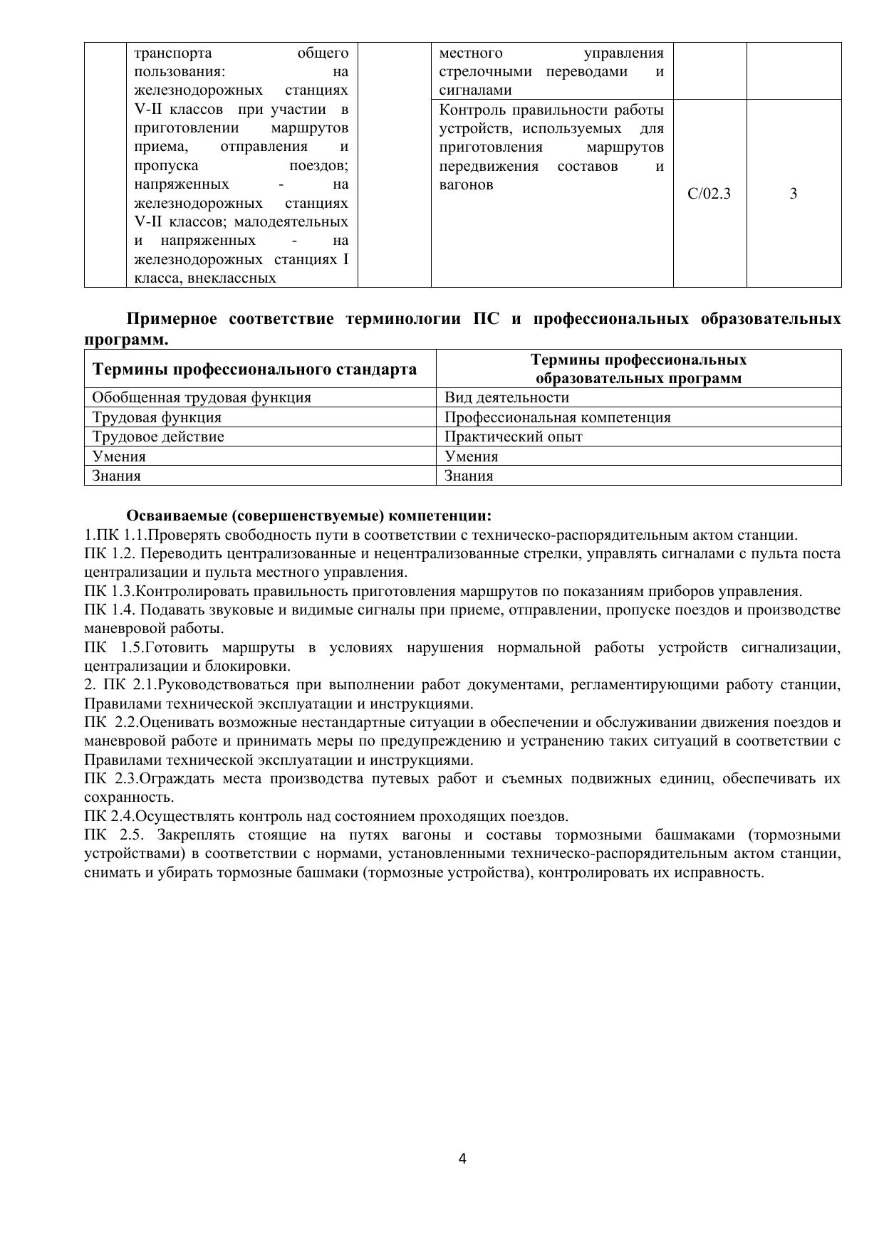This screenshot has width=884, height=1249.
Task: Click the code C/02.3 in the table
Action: click(x=709, y=194)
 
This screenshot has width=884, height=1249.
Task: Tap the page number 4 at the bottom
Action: click(x=462, y=1159)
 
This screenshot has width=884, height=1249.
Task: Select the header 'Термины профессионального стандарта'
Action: click(x=254, y=369)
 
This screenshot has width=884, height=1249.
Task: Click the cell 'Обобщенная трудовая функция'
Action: click(x=202, y=397)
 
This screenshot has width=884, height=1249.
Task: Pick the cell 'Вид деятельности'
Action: click(x=506, y=397)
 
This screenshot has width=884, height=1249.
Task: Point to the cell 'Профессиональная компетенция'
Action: click(x=557, y=417)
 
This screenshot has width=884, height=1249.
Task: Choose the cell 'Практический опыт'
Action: click(x=513, y=437)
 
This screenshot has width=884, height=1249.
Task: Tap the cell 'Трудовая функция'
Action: click(x=157, y=417)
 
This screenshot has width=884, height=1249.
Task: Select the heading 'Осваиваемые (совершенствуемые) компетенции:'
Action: click(x=309, y=516)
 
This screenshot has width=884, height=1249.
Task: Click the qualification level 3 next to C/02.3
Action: click(x=794, y=194)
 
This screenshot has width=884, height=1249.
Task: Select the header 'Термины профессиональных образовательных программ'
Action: click(x=638, y=369)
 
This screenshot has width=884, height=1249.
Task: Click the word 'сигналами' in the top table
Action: click(x=475, y=90)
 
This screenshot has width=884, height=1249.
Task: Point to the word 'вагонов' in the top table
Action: click(x=466, y=185)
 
